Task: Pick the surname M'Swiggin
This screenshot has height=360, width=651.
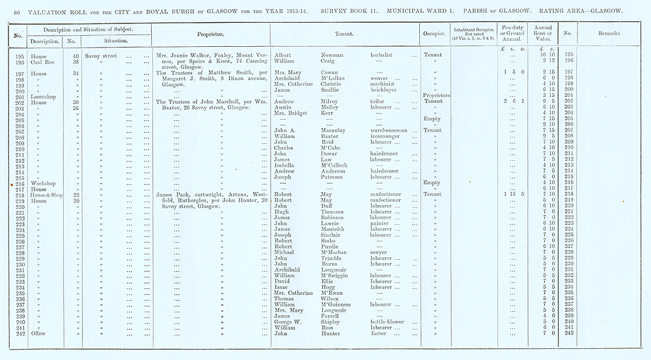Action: point(337,275)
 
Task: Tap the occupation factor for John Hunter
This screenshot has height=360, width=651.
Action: point(378,334)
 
